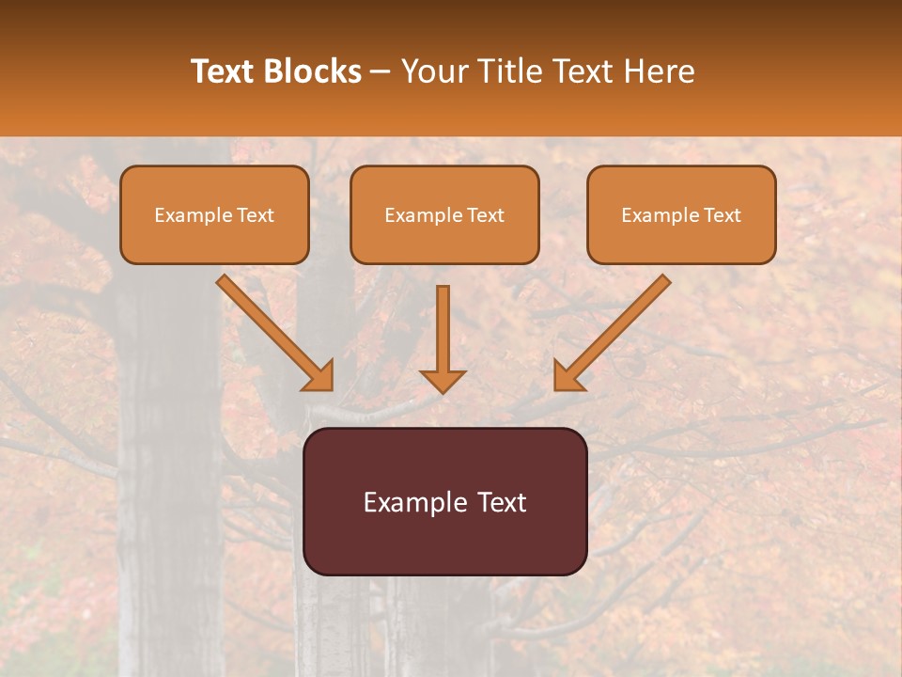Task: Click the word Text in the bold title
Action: coord(223,71)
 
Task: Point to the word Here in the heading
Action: coord(661,71)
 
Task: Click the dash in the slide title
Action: coord(381,72)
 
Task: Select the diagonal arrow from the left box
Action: coord(272,330)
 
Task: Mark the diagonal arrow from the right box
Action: coord(614,330)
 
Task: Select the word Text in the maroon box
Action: coord(503,502)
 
